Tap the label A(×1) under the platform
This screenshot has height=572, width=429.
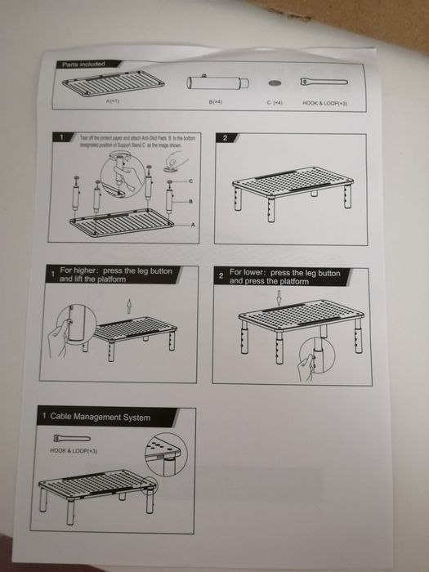[113, 102]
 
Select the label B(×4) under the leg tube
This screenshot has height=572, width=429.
[216, 103]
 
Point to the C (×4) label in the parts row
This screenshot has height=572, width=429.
[274, 103]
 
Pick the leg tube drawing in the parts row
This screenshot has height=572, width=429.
[216, 83]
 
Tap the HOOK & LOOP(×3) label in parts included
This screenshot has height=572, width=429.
[325, 103]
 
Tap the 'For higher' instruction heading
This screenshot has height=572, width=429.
[109, 275]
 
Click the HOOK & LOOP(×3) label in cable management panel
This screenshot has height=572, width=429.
[74, 450]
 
